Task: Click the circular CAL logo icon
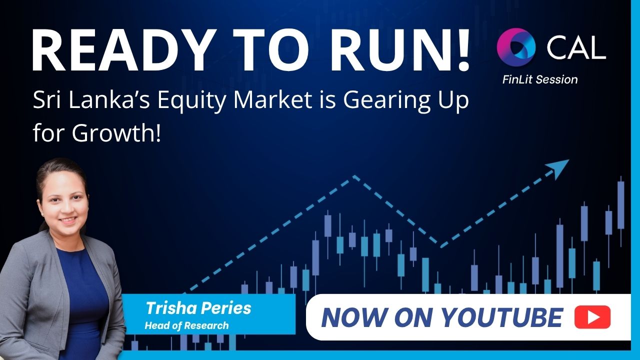point(516,47)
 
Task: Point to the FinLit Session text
point(540,79)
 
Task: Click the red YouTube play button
point(592,317)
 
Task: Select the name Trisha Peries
point(198,308)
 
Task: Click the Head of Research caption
point(186,325)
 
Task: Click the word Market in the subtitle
point(272,100)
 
